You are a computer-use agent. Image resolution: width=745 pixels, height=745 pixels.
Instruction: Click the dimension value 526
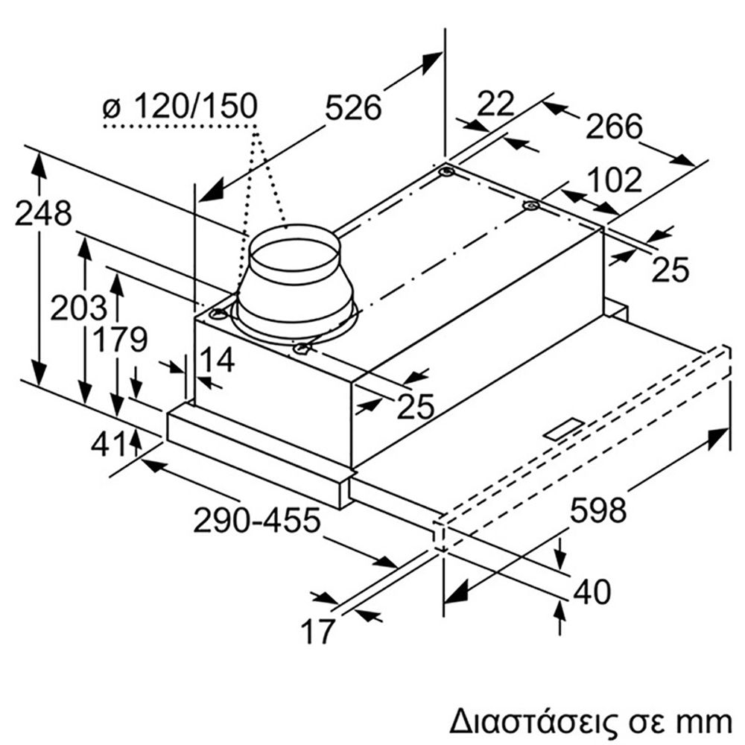[354, 109]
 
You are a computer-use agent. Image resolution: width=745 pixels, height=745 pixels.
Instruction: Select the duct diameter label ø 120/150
[180, 107]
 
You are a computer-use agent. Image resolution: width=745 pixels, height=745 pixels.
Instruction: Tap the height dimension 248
[43, 214]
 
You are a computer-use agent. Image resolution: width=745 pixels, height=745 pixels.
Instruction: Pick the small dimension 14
[218, 360]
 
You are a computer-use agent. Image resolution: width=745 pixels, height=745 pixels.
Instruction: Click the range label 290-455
[257, 520]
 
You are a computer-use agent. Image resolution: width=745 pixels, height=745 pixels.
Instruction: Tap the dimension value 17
[317, 632]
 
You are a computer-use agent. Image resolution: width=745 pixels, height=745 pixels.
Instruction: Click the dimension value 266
[613, 127]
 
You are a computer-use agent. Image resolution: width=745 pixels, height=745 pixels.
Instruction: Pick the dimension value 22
[495, 104]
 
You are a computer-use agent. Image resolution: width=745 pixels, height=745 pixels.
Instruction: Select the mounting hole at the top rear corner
[446, 172]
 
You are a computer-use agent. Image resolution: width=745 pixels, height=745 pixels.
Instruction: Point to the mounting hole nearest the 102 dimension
[530, 205]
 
